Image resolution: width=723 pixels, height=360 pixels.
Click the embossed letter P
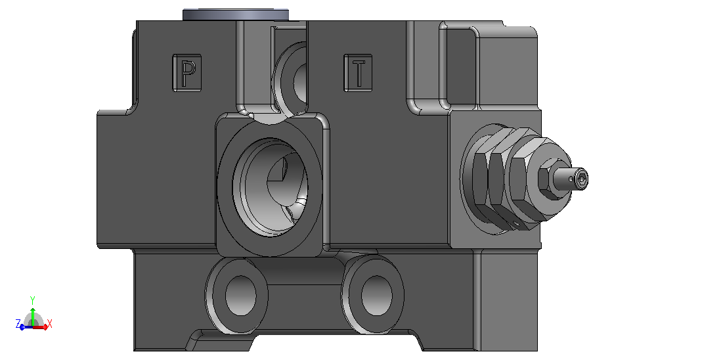click(186, 73)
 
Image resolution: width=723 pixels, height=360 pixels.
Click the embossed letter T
click(359, 73)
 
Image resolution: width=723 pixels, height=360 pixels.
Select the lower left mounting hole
click(241, 296)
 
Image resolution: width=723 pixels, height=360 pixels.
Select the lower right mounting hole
click(377, 296)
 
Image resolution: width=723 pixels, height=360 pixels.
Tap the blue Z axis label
click(18, 324)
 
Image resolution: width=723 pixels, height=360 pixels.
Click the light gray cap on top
click(236, 14)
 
